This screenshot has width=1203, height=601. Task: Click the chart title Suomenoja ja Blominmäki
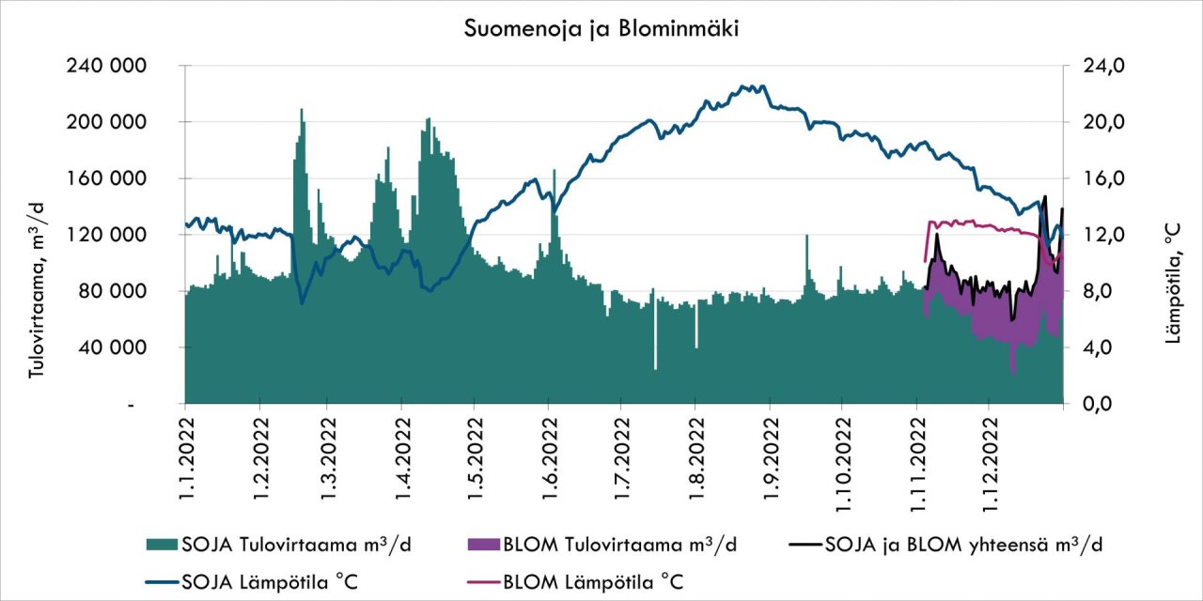point(601,29)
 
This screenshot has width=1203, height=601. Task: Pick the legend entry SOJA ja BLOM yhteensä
point(949,545)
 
